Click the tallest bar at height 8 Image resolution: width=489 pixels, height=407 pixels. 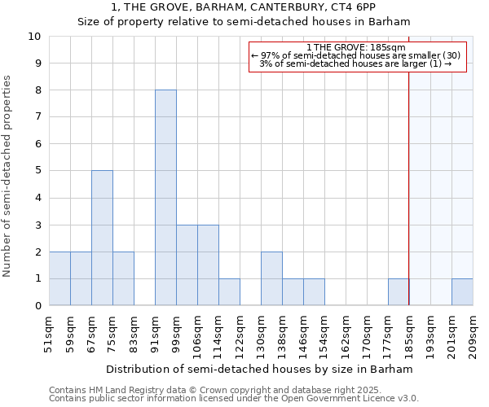pos(165,198)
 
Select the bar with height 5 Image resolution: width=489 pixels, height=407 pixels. pos(102,238)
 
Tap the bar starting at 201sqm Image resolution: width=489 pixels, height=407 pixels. pos(462,292)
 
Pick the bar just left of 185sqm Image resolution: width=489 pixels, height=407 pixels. pos(399,292)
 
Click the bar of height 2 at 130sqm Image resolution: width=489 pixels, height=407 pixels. pos(271,278)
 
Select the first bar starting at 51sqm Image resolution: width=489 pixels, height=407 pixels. pos(59,278)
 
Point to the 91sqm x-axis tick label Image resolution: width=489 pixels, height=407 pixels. pos(156,334)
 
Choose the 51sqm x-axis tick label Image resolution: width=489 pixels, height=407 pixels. pos(50,334)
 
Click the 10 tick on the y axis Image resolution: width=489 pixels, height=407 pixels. pos(34,37)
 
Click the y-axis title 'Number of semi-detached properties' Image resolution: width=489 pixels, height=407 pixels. pos(8,177)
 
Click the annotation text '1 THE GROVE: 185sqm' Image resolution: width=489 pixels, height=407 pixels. pos(355,47)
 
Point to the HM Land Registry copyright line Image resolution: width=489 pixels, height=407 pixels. pos(215,390)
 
